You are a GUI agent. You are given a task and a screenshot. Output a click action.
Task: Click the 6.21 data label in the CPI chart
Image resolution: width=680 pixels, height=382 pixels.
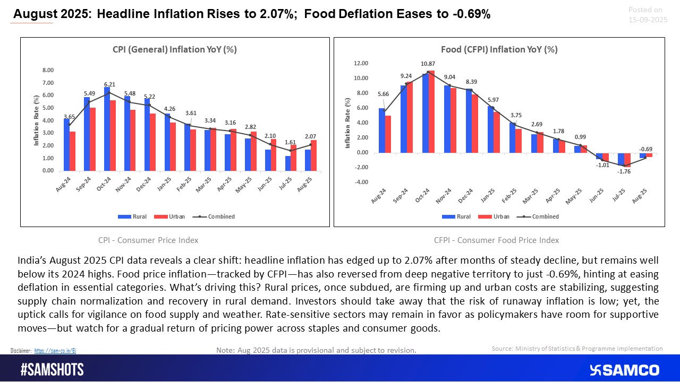click(110, 84)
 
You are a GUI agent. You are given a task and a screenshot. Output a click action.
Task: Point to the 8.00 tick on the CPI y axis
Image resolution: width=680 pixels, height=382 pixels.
click(48, 70)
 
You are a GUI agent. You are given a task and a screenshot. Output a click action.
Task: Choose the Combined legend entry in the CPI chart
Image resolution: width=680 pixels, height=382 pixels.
click(219, 216)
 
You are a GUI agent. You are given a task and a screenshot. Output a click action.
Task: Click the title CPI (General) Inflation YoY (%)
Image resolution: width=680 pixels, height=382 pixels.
click(175, 49)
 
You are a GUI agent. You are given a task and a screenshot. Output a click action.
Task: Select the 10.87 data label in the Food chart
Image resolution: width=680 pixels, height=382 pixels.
click(427, 64)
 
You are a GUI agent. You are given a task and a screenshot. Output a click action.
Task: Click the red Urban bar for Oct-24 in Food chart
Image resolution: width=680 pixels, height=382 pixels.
click(431, 111)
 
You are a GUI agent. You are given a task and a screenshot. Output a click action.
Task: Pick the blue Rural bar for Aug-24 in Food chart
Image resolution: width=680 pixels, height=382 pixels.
click(381, 131)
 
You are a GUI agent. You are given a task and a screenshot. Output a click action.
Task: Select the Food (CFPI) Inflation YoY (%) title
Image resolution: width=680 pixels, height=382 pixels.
click(499, 49)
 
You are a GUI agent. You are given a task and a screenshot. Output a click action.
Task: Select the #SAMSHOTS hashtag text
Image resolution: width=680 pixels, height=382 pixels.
click(52, 370)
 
